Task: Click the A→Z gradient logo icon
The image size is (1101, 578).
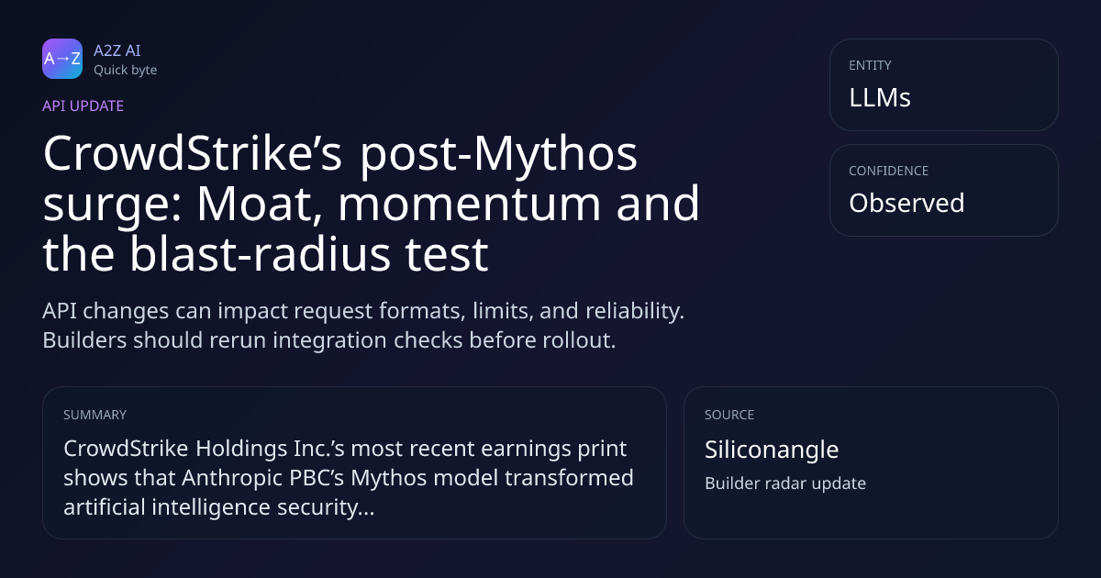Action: coord(62,59)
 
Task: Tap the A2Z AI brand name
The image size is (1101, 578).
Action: coord(117,50)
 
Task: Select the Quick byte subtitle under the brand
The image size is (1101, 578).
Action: coord(126,71)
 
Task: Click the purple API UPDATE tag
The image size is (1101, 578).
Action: coord(83,106)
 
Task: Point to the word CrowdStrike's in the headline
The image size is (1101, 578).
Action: coord(192,153)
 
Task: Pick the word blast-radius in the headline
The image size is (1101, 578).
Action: coord(260,253)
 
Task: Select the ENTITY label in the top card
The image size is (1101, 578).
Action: coord(870,65)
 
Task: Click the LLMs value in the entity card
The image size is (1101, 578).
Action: coord(880,97)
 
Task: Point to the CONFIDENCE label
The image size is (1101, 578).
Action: coord(889,171)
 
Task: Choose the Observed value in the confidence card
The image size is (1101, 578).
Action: coord(906,203)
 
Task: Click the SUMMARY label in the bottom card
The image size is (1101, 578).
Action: coord(95,415)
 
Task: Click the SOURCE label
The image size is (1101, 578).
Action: coord(729,415)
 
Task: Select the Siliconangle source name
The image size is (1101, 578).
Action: coord(772,450)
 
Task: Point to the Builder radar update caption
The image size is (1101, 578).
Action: coord(785,484)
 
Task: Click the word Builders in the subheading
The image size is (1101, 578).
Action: coord(84,340)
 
